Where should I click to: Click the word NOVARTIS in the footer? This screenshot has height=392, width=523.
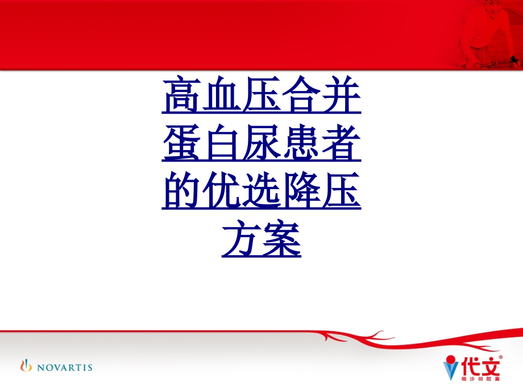(x=64, y=367)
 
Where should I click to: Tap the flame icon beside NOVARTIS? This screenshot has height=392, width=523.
(x=26, y=365)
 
